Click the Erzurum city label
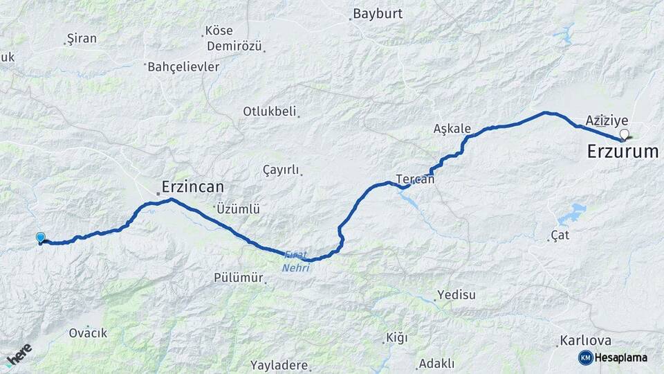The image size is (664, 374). pyautogui.click(x=622, y=152)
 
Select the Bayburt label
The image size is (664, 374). pyautogui.click(x=378, y=13)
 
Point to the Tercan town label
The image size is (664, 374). pyautogui.click(x=416, y=179)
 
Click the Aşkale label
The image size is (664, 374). pyautogui.click(x=452, y=129)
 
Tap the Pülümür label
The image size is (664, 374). pyautogui.click(x=239, y=278)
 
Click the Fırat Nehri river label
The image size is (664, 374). pyautogui.click(x=295, y=261)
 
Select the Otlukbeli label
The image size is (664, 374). pyautogui.click(x=269, y=111)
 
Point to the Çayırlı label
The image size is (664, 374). pyautogui.click(x=281, y=170)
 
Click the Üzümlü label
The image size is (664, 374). pyautogui.click(x=237, y=208)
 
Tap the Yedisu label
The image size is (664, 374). pyautogui.click(x=457, y=295)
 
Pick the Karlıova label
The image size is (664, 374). pyautogui.click(x=585, y=341)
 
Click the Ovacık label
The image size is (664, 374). pyautogui.click(x=88, y=333)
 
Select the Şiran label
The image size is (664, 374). pyautogui.click(x=81, y=39)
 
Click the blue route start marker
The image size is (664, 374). pyautogui.click(x=41, y=238)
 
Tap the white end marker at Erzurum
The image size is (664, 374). pyautogui.click(x=625, y=134)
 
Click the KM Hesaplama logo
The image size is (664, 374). pyautogui.click(x=613, y=357)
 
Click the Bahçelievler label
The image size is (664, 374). pyautogui.click(x=183, y=67)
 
